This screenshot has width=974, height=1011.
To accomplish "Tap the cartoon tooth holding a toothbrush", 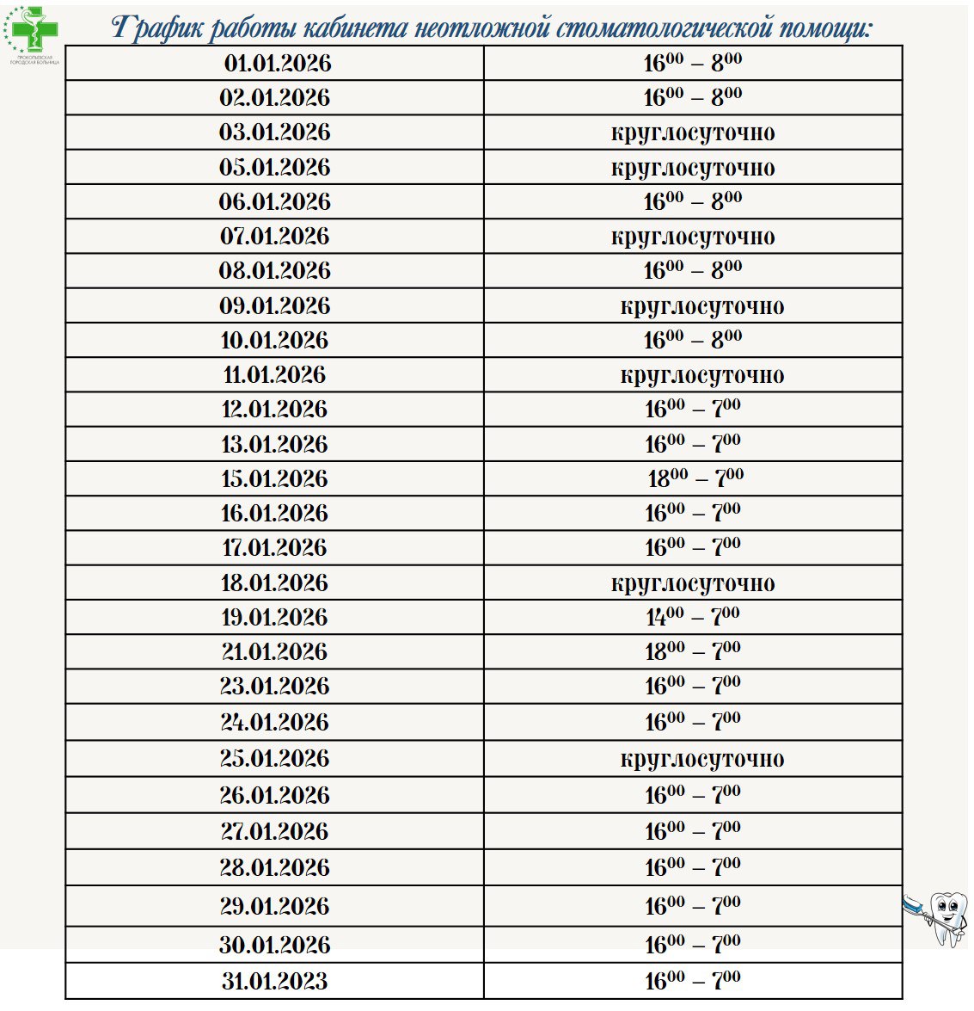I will pyautogui.click(x=942, y=917).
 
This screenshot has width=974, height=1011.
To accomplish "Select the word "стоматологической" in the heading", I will pyautogui.click(x=663, y=28).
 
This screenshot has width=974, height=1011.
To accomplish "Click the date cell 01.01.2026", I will pyautogui.click(x=276, y=64).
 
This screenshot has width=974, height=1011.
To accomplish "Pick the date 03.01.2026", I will pyautogui.click(x=275, y=133).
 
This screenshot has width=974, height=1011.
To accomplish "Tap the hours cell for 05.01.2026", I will pyautogui.click(x=693, y=168).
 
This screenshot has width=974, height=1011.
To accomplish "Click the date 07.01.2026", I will pyautogui.click(x=275, y=237).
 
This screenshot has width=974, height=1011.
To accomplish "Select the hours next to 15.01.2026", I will pyautogui.click(x=695, y=478).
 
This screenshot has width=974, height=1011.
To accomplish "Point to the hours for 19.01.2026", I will pyautogui.click(x=693, y=617).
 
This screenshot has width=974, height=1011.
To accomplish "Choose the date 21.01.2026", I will pyautogui.click(x=275, y=652).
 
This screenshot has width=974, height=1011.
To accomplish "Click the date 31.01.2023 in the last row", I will pyautogui.click(x=275, y=981).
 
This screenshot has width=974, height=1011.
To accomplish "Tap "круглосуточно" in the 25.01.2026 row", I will pyautogui.click(x=701, y=759).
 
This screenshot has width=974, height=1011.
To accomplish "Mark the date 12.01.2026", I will pyautogui.click(x=275, y=410).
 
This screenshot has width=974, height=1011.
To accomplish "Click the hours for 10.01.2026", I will pyautogui.click(x=693, y=341).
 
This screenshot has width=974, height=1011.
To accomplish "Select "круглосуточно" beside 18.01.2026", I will pyautogui.click(x=693, y=583).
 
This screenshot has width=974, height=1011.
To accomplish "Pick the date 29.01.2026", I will pyautogui.click(x=275, y=906).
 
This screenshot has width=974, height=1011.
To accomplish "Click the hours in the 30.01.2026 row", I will pyautogui.click(x=693, y=945).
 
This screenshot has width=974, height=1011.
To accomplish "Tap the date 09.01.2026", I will pyautogui.click(x=275, y=306).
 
